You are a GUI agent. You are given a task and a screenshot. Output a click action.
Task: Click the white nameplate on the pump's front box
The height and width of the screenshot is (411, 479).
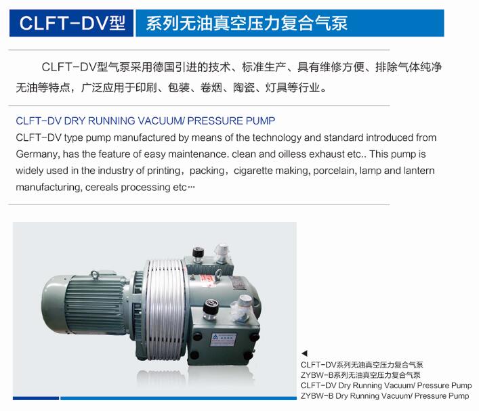224,339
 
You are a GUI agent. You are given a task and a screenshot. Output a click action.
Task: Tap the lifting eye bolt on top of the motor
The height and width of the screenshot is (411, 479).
95,275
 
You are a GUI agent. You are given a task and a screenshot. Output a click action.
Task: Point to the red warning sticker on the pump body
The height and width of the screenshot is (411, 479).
208,280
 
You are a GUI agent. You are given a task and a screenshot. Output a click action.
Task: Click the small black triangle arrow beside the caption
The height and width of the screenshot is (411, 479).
304,353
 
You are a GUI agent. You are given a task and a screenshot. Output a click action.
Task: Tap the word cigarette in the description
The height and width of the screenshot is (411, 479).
253,171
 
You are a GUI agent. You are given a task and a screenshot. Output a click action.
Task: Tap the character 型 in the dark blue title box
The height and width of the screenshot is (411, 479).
117,23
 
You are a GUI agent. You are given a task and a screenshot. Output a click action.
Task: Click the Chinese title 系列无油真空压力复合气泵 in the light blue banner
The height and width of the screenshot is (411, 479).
247,24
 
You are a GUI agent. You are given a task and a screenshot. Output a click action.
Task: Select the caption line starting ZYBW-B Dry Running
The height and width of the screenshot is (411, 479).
385,396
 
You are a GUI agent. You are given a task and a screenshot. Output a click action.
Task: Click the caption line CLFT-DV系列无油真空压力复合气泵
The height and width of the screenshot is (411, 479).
362,364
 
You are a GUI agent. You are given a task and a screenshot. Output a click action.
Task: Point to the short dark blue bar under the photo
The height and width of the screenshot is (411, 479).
36,398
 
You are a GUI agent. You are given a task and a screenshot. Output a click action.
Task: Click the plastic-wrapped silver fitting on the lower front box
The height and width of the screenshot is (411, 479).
242,308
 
